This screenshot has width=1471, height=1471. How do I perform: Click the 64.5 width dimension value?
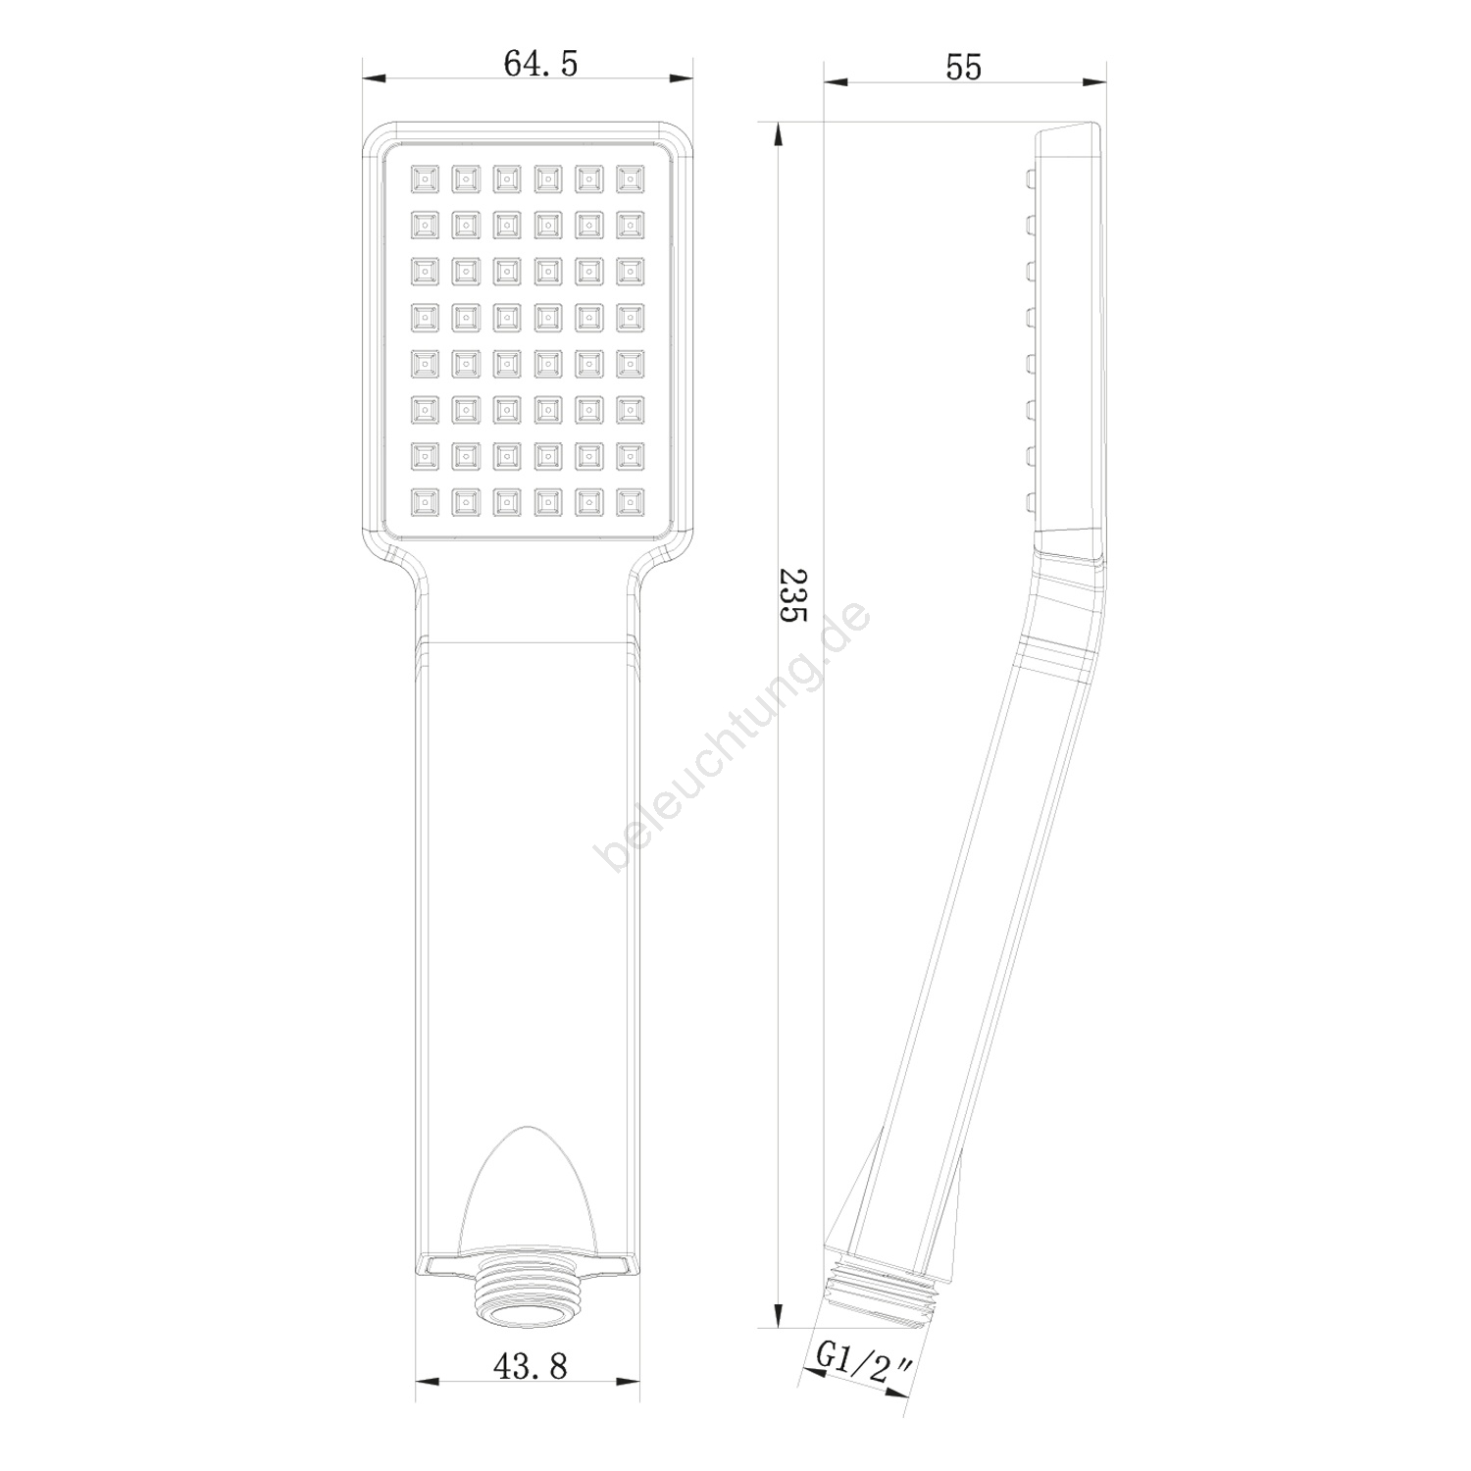540,63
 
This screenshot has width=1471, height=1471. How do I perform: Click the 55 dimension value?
963,66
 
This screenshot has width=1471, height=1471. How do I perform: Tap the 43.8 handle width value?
530,1365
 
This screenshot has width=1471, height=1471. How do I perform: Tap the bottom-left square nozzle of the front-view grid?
425,502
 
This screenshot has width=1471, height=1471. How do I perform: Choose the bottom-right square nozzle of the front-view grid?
630,502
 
